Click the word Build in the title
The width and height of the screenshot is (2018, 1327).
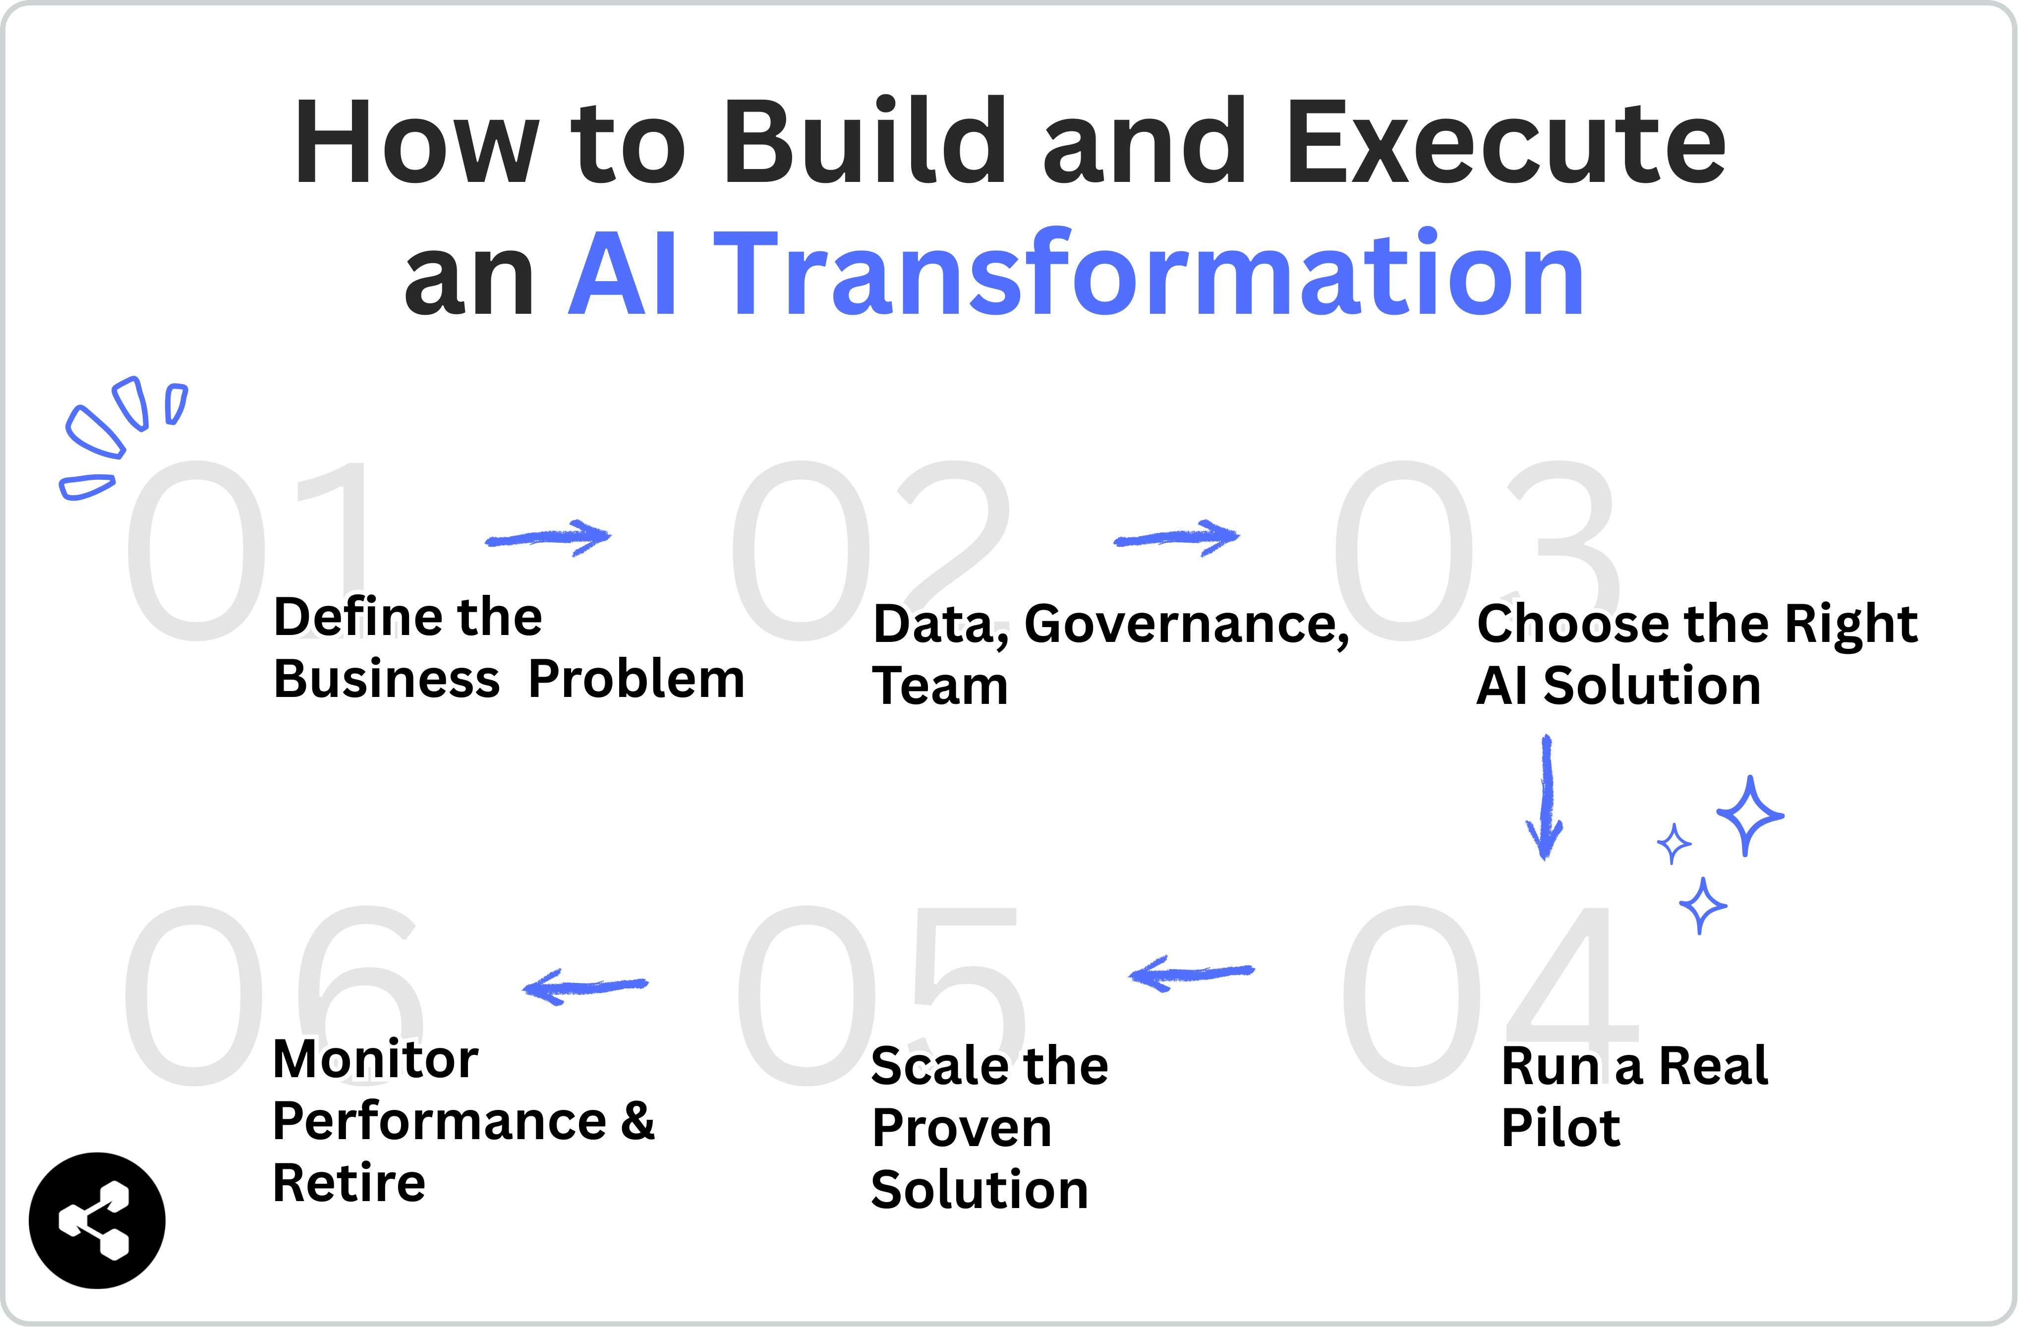(x=865, y=142)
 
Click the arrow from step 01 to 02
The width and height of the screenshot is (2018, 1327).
(x=549, y=537)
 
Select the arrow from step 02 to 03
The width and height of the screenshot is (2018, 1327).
(x=1177, y=537)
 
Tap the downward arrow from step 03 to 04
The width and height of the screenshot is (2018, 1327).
(x=1545, y=797)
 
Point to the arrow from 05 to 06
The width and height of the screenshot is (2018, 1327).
(x=585, y=986)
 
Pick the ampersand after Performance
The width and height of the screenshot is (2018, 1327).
(x=637, y=1120)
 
